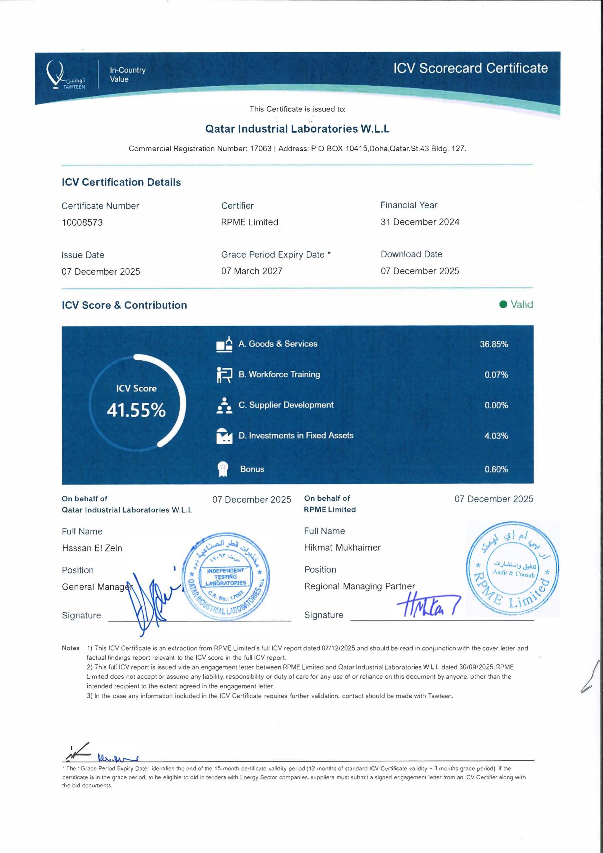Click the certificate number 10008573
[x=82, y=223]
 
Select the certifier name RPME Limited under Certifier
[x=249, y=222]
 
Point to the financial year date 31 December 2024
[x=419, y=222]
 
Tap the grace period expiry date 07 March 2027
[x=252, y=271]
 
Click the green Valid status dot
[x=503, y=305]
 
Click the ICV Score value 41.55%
[x=136, y=411]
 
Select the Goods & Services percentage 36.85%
[x=493, y=344]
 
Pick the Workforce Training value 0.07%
[x=496, y=375]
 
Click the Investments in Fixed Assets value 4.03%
[x=496, y=435]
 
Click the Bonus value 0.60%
[x=496, y=469]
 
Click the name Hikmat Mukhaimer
[x=342, y=547]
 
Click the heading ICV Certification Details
[x=121, y=182]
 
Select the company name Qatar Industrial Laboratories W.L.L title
[x=297, y=129]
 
